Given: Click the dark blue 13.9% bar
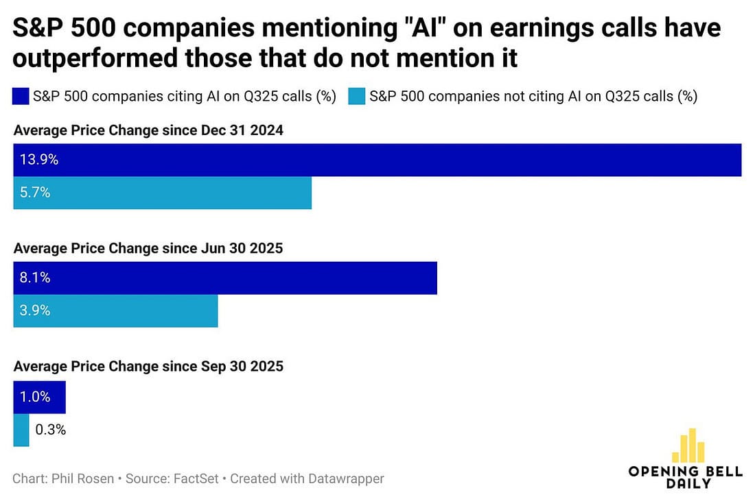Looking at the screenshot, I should (377, 160).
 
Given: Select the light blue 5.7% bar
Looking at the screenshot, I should (163, 193).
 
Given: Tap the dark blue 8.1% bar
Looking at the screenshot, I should (225, 278).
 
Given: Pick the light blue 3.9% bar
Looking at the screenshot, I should (115, 311).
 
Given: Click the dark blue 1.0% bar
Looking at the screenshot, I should (39, 398).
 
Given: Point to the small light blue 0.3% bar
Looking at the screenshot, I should (21, 430).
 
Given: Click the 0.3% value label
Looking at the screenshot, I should (49, 430).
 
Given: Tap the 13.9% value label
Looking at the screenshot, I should (39, 160).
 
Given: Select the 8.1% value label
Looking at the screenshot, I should (36, 278).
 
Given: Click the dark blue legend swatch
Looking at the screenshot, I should (21, 96).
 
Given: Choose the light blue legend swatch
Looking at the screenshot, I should (356, 96).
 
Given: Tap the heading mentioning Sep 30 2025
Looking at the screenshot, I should (148, 367).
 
